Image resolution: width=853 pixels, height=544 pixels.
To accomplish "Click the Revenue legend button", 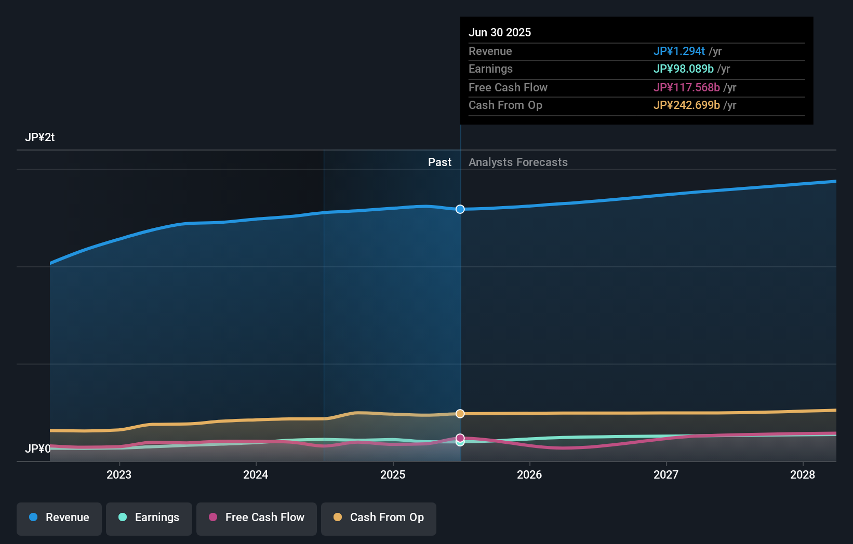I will (x=59, y=518).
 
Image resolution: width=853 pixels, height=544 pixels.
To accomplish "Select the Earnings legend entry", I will (x=149, y=518).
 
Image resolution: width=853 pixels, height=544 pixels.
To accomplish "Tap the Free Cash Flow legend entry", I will (x=257, y=518).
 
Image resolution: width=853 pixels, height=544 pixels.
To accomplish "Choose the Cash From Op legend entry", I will (x=379, y=518).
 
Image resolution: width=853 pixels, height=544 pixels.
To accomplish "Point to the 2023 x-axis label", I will (x=119, y=474).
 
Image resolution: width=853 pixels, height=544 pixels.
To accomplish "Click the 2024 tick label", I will (x=256, y=474).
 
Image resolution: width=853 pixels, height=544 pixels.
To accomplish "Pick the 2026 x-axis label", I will (x=529, y=474).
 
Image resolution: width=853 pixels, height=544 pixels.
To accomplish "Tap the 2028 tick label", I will (x=803, y=474).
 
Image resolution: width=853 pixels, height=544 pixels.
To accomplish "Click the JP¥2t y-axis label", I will (x=39, y=138).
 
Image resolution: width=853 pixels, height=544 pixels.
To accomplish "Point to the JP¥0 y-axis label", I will (x=37, y=448).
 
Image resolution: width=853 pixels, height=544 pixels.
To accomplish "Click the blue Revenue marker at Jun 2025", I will (x=460, y=209).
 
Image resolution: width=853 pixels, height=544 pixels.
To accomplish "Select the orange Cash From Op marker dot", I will (x=460, y=414).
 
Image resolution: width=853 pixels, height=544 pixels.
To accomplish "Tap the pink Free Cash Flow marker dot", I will (x=460, y=438).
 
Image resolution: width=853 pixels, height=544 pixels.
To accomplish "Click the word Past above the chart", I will (x=439, y=162).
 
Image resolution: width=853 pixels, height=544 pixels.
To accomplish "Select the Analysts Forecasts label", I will (x=518, y=162).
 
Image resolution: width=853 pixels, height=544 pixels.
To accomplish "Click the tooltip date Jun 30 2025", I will (x=500, y=33).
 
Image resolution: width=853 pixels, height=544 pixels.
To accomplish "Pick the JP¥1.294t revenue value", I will (x=679, y=51).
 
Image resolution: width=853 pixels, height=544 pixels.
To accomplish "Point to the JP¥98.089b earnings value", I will (x=683, y=69).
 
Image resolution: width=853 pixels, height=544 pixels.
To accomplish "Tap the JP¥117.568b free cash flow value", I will (x=686, y=88).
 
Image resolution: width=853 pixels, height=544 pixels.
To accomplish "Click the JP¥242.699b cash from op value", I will (x=686, y=105).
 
